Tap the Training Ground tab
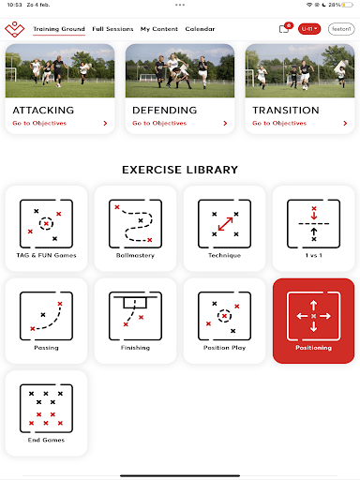point(59,29)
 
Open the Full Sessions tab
point(112,29)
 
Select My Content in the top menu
point(159,29)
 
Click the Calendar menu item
point(200,29)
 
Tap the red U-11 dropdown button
point(309,29)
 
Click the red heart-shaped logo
point(14,29)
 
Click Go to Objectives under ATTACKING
point(39,123)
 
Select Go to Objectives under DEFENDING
point(159,123)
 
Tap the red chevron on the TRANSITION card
point(345,124)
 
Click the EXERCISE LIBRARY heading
point(180,170)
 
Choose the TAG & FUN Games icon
point(46,224)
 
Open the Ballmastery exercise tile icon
point(135,224)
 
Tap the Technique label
point(225,255)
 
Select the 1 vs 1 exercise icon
point(314,224)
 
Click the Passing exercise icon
point(46,316)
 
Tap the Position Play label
point(225,348)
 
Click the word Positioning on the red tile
point(314,348)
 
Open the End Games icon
point(46,409)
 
